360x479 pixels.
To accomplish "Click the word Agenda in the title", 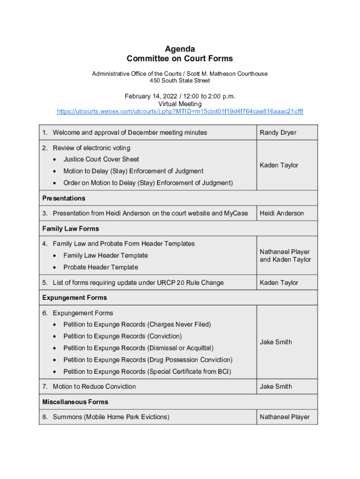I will (180, 49).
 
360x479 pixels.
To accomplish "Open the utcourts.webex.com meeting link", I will (180, 112).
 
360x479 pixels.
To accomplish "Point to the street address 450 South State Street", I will (180, 81).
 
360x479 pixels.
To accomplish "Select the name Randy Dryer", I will (278, 132).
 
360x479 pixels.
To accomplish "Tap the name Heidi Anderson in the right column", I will (281, 213).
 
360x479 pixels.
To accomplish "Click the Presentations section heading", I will (64, 198).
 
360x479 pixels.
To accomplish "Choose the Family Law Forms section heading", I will (71, 229).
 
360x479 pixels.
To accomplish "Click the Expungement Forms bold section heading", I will (75, 298).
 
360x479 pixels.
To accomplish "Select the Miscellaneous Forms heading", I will (75, 402).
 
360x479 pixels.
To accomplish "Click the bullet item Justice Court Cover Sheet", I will (101, 159).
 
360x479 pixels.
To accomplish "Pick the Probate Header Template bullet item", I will (101, 267).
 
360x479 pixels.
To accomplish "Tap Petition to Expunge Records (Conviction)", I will (122, 336).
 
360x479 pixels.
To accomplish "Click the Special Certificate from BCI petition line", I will (147, 371).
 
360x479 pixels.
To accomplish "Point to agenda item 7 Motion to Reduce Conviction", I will (94, 386).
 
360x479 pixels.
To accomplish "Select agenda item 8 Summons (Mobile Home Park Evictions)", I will (111, 417).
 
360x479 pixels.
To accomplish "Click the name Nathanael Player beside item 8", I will (285, 417).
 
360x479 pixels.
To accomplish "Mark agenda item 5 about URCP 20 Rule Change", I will (138, 283).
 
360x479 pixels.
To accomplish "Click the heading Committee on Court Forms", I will (180, 59).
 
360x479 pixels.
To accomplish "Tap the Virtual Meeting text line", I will (180, 104).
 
